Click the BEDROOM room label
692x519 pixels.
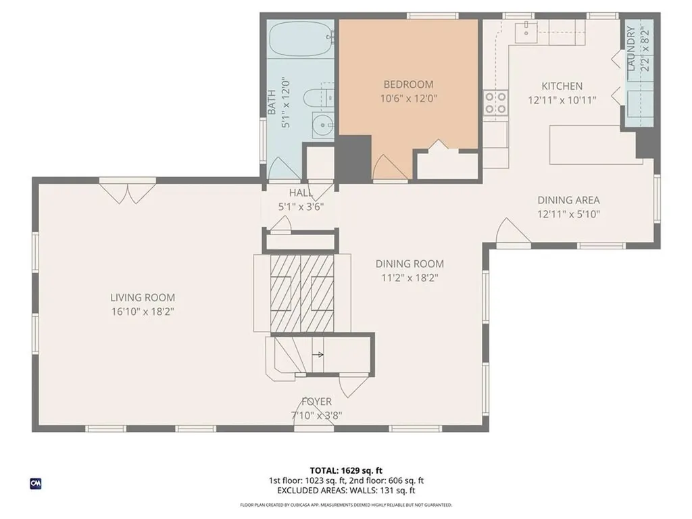click(x=408, y=84)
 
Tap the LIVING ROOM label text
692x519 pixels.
click(x=143, y=297)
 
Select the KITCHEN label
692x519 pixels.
click(x=562, y=86)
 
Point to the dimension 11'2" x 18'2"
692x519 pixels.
click(x=410, y=278)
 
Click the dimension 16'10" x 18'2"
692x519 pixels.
click(x=143, y=312)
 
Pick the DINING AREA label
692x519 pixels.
click(x=568, y=200)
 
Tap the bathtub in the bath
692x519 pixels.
click(x=301, y=39)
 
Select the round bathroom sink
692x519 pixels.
click(x=324, y=125)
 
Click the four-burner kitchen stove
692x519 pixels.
click(x=495, y=103)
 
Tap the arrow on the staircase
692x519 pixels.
click(x=318, y=354)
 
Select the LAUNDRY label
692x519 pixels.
click(x=631, y=49)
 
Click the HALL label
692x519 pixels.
click(x=301, y=193)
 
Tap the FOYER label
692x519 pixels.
click(x=316, y=401)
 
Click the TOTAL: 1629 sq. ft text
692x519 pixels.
click(x=346, y=470)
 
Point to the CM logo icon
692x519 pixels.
click(x=36, y=483)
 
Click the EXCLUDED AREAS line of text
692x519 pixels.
click(x=346, y=491)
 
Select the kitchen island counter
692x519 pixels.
click(x=595, y=145)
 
